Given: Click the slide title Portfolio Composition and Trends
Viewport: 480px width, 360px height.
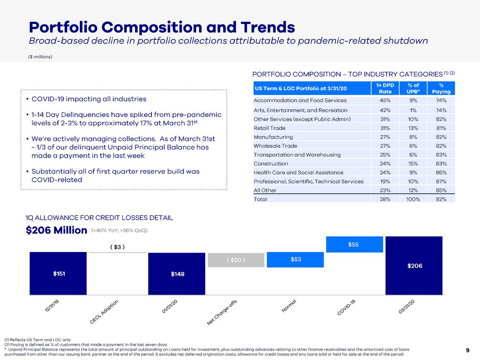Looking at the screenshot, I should [x=162, y=27].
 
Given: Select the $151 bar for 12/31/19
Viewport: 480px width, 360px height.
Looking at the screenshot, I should [x=58, y=273].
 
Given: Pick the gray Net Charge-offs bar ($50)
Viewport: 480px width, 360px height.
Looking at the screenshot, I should [x=236, y=260].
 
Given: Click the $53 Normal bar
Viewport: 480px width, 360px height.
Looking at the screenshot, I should [x=295, y=259].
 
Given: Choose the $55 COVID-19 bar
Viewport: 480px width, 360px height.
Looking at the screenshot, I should [x=354, y=244].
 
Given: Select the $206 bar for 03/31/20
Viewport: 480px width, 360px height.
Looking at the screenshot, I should [x=414, y=265].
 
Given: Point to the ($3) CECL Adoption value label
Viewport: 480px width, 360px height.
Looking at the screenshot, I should [x=117, y=247].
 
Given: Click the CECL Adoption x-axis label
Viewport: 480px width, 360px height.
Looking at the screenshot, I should [x=105, y=312].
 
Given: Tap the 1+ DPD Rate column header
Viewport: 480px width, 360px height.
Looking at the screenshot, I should [x=385, y=88].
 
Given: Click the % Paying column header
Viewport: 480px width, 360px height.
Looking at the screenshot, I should [x=441, y=88].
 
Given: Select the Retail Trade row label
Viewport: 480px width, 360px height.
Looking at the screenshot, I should [x=269, y=128].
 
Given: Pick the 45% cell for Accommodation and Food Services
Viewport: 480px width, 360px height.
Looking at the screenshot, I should [x=385, y=100].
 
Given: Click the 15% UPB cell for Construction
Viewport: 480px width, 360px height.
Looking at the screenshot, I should [x=413, y=164].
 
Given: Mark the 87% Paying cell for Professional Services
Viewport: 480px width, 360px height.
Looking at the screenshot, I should [x=441, y=181].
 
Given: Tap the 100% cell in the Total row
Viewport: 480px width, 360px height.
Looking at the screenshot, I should [x=413, y=199].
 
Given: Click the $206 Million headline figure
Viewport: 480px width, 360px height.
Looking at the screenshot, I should [x=56, y=230].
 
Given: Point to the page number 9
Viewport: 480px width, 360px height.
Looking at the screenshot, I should [x=467, y=351].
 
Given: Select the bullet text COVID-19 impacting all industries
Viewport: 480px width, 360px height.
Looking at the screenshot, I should [x=89, y=99].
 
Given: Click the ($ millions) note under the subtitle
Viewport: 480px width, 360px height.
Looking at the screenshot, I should [x=40, y=57].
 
